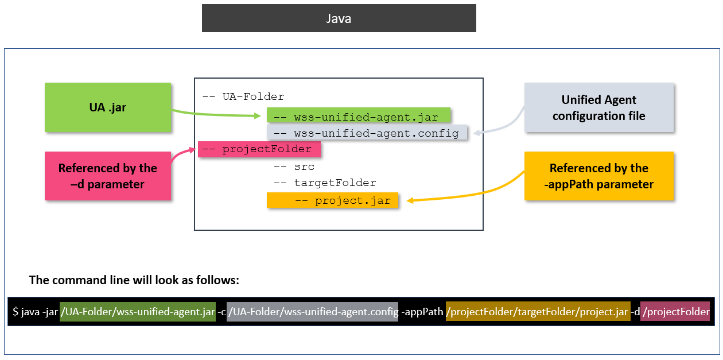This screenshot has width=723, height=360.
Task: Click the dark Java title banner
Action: [x=339, y=18]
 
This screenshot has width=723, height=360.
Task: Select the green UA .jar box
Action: [x=108, y=107]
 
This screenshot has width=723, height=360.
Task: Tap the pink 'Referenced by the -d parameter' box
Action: [x=108, y=176]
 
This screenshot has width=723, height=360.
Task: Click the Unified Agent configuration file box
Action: [x=598, y=107]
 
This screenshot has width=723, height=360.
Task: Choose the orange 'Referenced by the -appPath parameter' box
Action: [x=598, y=176]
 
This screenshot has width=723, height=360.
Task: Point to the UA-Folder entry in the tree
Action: [x=243, y=96]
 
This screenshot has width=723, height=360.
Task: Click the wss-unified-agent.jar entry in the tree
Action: [x=359, y=117]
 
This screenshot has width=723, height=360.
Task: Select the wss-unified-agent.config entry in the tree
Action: [x=368, y=133]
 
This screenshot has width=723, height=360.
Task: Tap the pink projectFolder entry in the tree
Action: [x=259, y=149]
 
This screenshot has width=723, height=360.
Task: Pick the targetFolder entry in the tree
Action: [x=325, y=183]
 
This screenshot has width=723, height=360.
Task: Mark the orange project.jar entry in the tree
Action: [x=333, y=200]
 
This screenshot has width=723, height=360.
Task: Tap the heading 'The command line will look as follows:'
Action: [x=134, y=281]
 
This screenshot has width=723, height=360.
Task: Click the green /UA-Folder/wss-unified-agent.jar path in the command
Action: [x=138, y=312]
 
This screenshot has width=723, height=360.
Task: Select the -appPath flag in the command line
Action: [x=422, y=312]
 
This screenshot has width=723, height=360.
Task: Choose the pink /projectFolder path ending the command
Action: [x=675, y=312]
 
